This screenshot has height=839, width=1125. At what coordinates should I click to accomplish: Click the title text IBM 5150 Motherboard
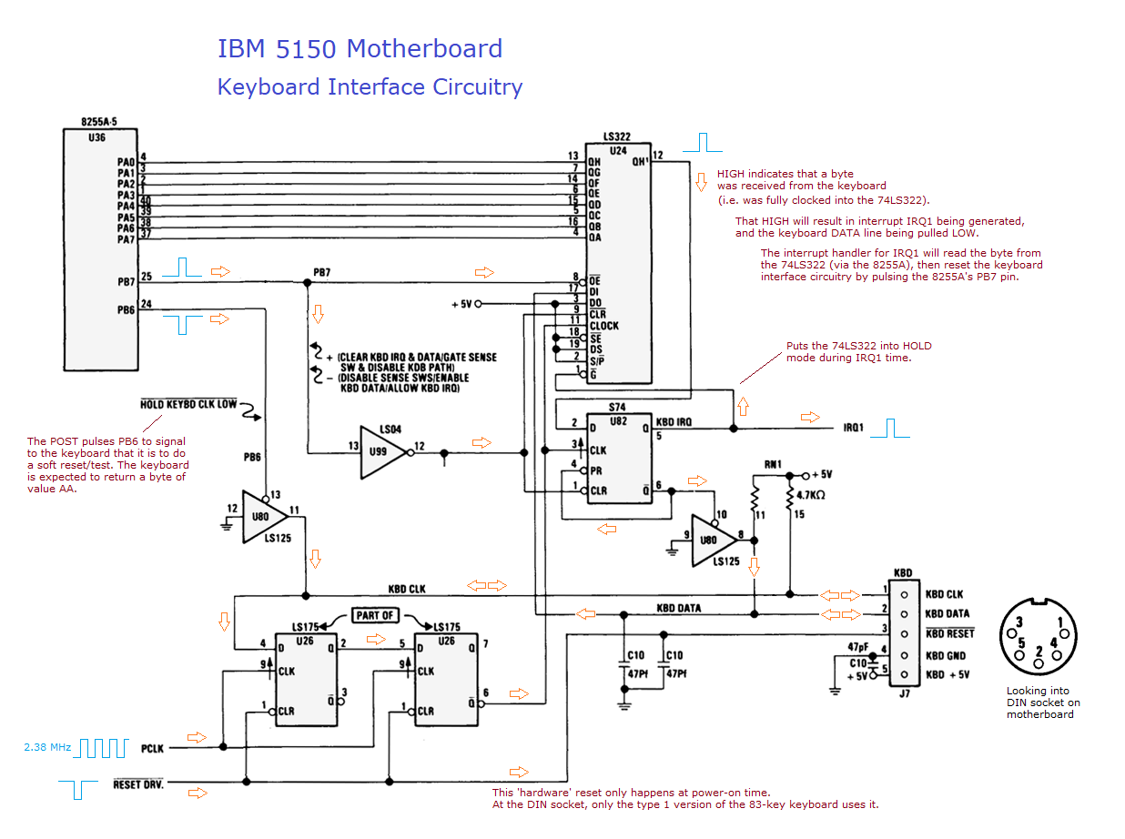pyautogui.click(x=360, y=48)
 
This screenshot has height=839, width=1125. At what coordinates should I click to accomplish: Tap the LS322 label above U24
pyautogui.click(x=616, y=136)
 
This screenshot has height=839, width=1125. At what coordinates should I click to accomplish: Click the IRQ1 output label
pyautogui.click(x=853, y=427)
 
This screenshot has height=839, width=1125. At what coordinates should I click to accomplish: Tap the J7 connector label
pyautogui.click(x=903, y=693)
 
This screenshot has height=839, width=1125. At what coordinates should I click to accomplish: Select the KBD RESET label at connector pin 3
pyautogui.click(x=949, y=633)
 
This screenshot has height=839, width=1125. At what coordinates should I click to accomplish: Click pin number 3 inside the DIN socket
pyautogui.click(x=1020, y=622)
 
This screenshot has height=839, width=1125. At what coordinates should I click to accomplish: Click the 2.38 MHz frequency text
pyautogui.click(x=47, y=747)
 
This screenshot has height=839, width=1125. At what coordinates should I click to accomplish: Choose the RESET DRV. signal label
pyautogui.click(x=138, y=783)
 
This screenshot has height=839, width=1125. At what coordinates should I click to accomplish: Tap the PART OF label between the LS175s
pyautogui.click(x=375, y=615)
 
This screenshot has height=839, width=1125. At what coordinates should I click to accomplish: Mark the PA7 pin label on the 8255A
pyautogui.click(x=126, y=239)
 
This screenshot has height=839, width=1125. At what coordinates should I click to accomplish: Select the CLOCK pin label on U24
pyautogui.click(x=603, y=326)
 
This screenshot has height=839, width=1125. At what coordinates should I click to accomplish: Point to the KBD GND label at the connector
pyautogui.click(x=946, y=656)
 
